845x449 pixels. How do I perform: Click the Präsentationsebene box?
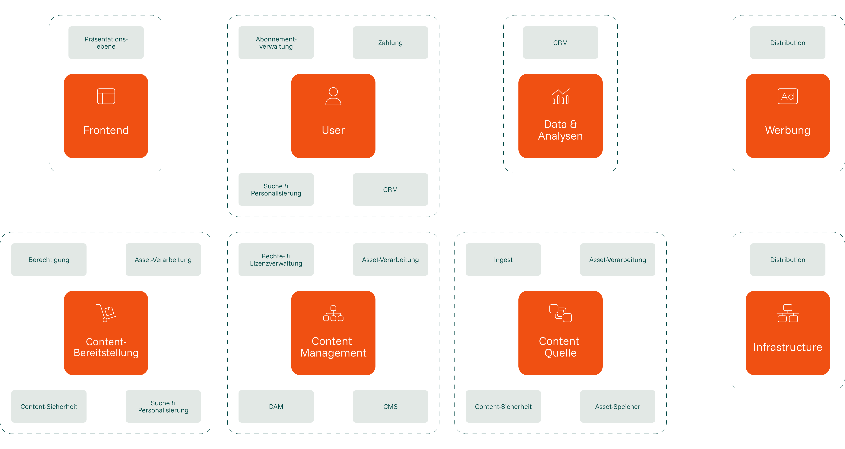click(x=106, y=43)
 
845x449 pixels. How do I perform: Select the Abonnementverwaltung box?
click(x=276, y=43)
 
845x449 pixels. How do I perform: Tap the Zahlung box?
click(x=390, y=43)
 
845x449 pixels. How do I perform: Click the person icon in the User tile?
click(x=333, y=96)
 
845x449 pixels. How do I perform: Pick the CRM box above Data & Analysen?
click(x=560, y=43)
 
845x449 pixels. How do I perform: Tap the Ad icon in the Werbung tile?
click(x=788, y=96)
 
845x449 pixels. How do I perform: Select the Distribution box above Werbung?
click(x=788, y=43)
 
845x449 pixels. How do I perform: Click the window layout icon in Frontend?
click(x=106, y=96)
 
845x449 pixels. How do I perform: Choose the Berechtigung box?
click(x=49, y=260)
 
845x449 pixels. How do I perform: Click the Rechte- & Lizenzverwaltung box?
click(x=276, y=260)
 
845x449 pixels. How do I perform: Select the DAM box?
click(x=276, y=406)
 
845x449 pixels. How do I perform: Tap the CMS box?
click(x=390, y=406)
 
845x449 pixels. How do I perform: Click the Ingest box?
click(x=503, y=260)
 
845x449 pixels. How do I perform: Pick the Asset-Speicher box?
click(x=617, y=406)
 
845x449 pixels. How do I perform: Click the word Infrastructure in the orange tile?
click(x=788, y=347)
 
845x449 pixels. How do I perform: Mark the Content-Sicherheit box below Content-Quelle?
click(x=503, y=406)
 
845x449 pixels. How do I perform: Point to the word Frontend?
click(x=106, y=130)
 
